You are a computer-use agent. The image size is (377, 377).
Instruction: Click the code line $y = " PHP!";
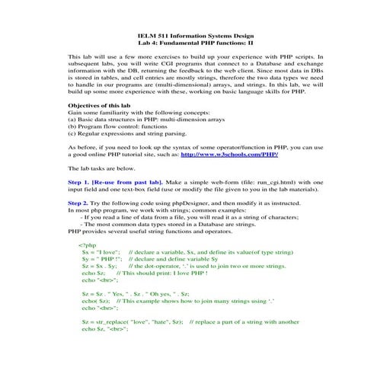101,261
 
